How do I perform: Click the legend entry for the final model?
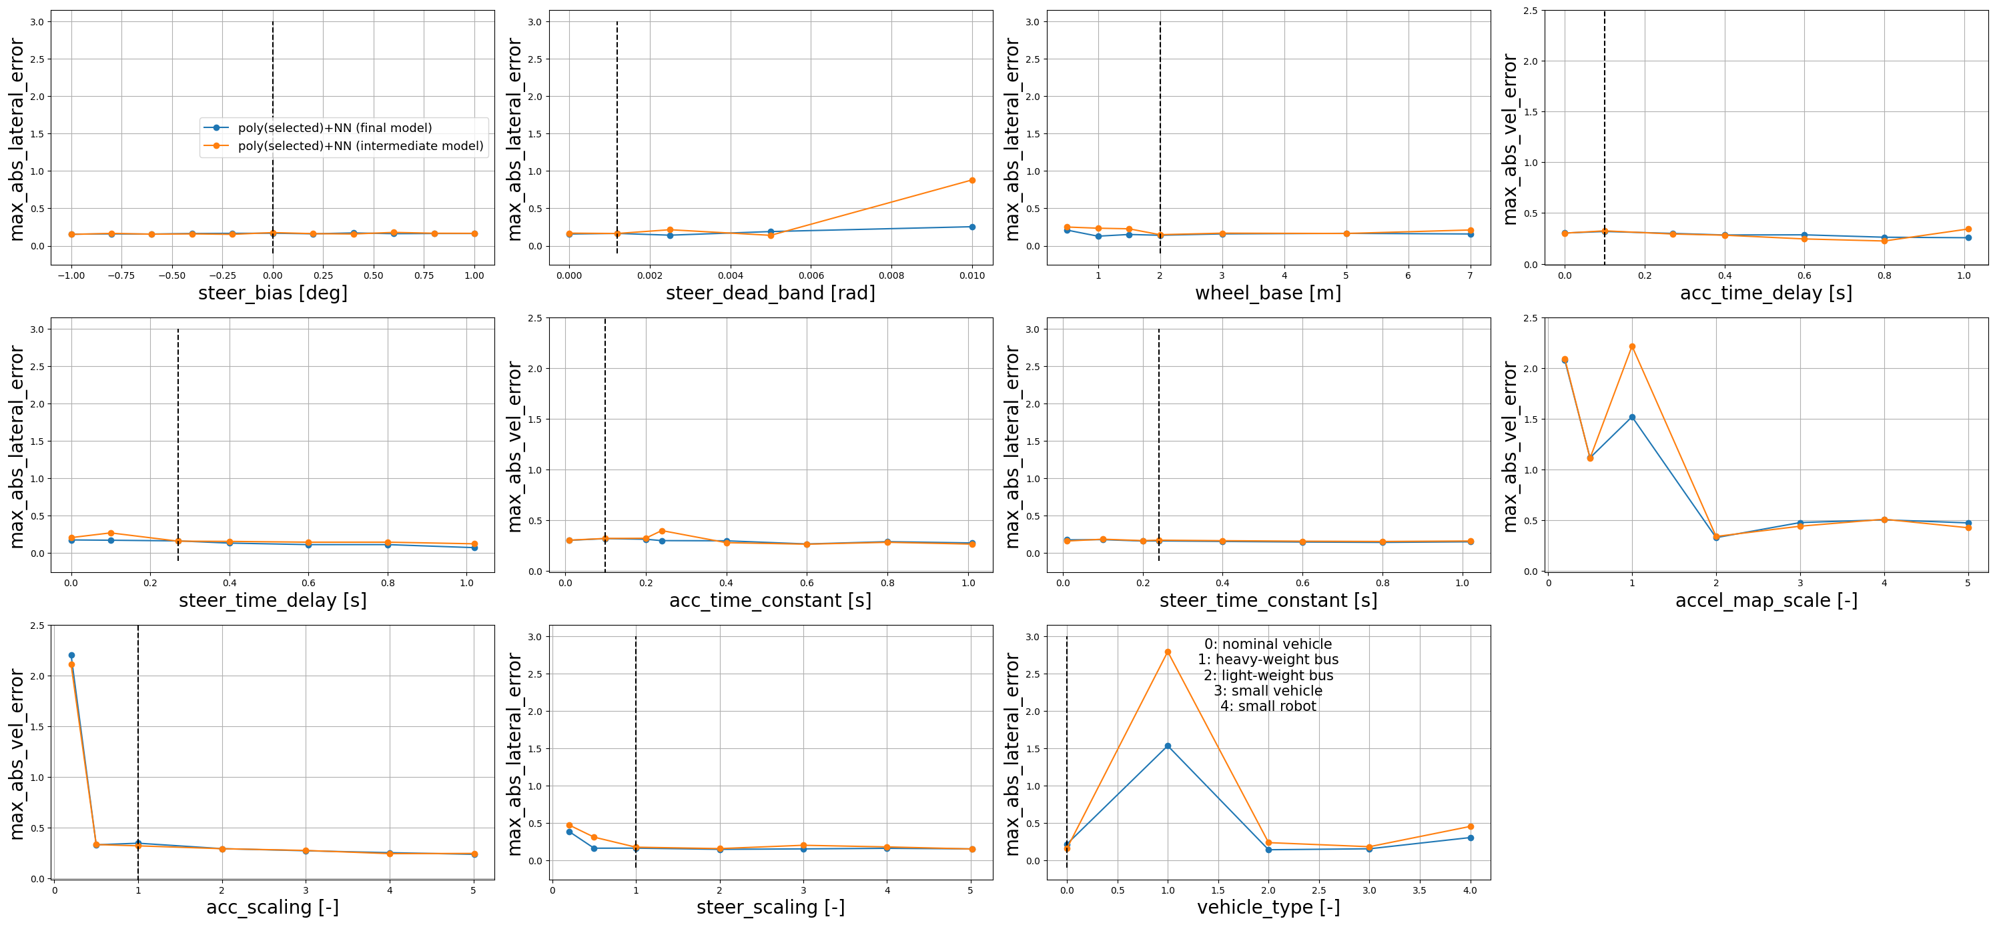334,128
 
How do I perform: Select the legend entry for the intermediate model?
360,145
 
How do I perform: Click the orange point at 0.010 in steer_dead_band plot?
972,180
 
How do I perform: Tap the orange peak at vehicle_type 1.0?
1168,652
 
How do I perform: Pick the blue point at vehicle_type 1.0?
1168,746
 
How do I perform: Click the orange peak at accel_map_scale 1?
1632,347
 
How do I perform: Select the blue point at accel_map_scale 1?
1632,417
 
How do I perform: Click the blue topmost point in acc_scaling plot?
71,656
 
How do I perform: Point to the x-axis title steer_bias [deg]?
273,293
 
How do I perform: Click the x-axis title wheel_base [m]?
1268,293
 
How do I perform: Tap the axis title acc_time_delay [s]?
1765,293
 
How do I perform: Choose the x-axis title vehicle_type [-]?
1268,907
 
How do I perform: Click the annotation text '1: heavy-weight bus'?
1268,660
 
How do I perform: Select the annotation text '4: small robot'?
1268,706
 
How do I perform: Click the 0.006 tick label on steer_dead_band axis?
811,275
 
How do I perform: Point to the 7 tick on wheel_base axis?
1470,275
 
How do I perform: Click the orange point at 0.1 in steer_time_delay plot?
111,534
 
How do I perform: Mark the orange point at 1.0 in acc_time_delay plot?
1968,229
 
